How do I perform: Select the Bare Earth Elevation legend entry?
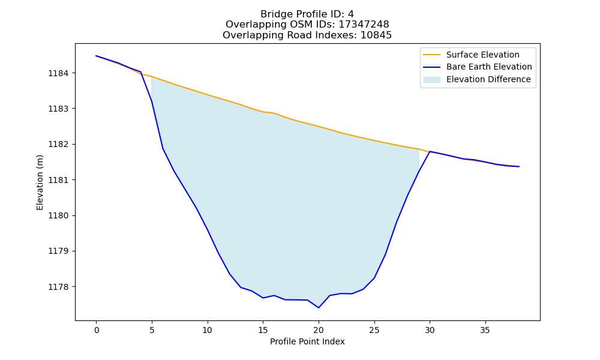click(x=478, y=67)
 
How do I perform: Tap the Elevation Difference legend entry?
click(x=477, y=80)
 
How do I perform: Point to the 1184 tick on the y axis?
click(x=59, y=73)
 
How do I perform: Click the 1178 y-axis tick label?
click(x=59, y=287)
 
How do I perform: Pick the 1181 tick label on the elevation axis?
click(x=59, y=180)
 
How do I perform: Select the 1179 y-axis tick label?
click(x=59, y=251)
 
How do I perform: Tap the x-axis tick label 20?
click(x=319, y=330)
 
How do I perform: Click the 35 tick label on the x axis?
click(x=485, y=330)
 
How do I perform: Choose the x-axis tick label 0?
click(x=97, y=330)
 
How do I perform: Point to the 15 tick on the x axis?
click(x=263, y=330)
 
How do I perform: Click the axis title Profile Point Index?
click(x=307, y=341)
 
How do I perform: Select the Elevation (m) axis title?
click(x=40, y=182)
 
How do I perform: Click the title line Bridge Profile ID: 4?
click(x=307, y=14)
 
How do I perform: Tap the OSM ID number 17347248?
click(x=364, y=25)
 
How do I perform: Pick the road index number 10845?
click(x=376, y=35)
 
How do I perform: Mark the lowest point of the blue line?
click(x=319, y=308)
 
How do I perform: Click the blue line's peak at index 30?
click(x=430, y=151)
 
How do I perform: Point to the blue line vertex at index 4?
click(x=141, y=72)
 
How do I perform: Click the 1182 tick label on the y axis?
click(x=59, y=144)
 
